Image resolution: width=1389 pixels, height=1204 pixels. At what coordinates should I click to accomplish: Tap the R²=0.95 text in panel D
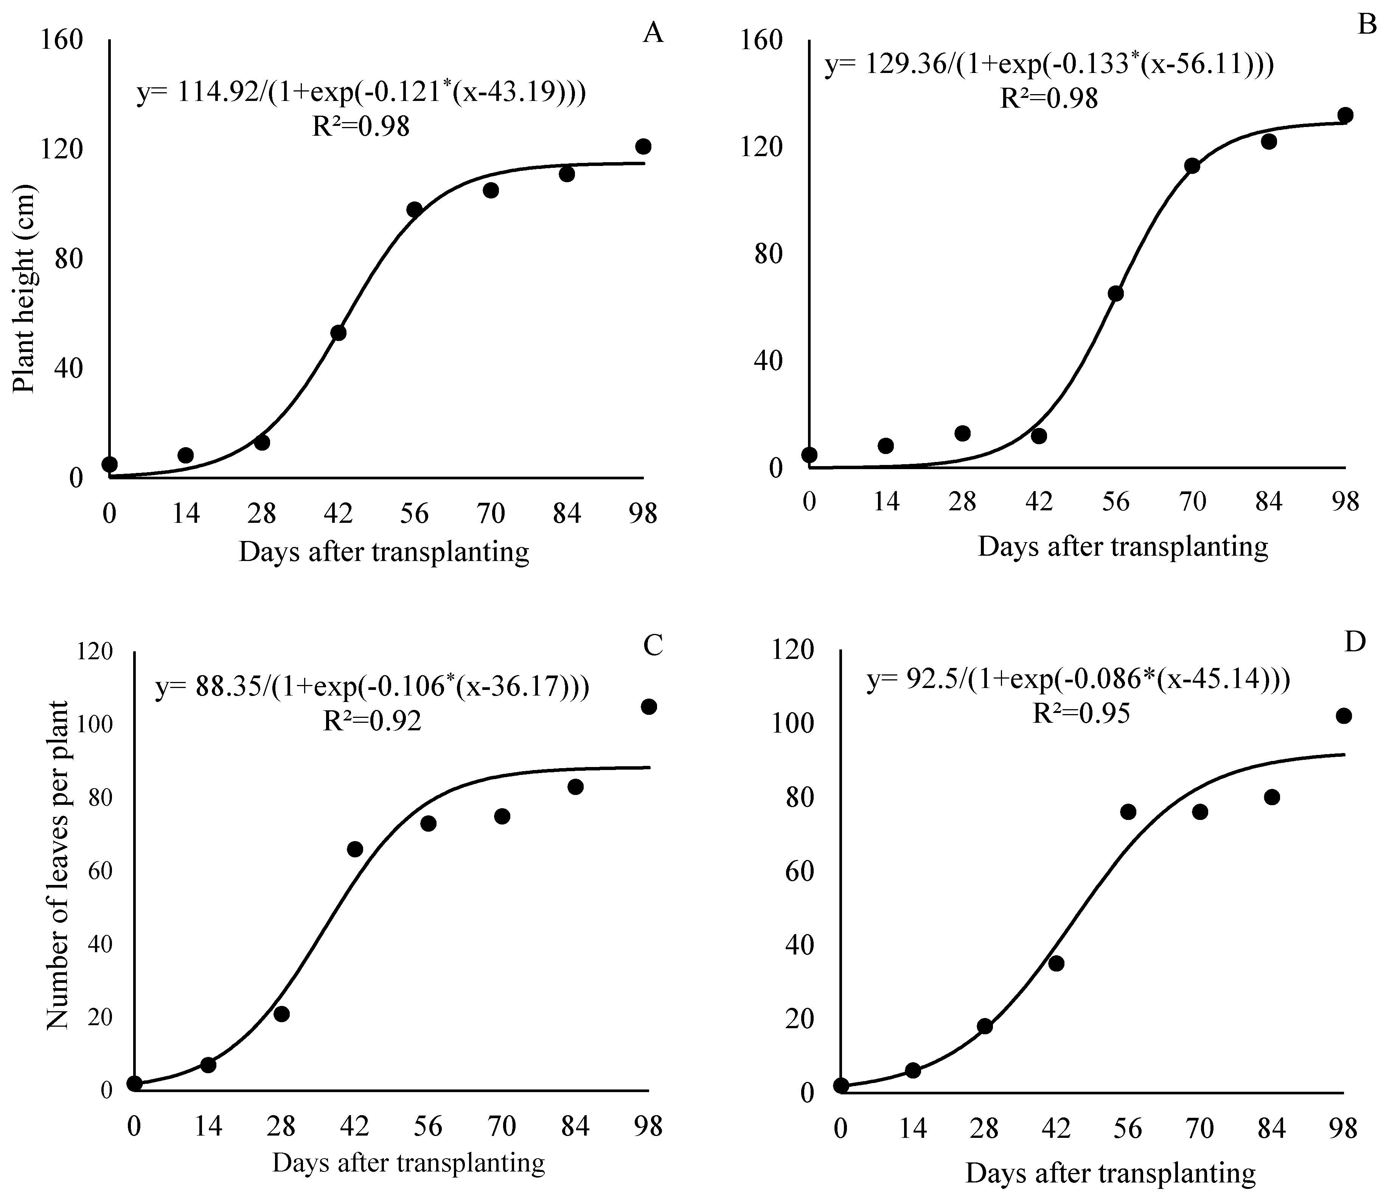pyautogui.click(x=1081, y=714)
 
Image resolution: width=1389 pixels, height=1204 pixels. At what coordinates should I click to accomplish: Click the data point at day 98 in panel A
pyautogui.click(x=643, y=146)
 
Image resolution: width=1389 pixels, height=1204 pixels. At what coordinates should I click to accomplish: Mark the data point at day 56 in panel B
pyautogui.click(x=1116, y=294)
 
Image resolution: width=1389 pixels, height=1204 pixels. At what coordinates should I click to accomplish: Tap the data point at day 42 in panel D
pyautogui.click(x=1056, y=964)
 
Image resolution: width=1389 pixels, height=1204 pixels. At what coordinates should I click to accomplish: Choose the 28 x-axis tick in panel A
pyautogui.click(x=261, y=514)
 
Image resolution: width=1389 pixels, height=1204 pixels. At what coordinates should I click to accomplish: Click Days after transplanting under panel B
pyautogui.click(x=1123, y=546)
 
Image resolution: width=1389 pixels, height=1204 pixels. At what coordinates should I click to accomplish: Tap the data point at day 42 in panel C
pyautogui.click(x=355, y=849)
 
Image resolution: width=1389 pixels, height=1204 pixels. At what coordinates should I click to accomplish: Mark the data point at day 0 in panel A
pyautogui.click(x=110, y=464)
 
